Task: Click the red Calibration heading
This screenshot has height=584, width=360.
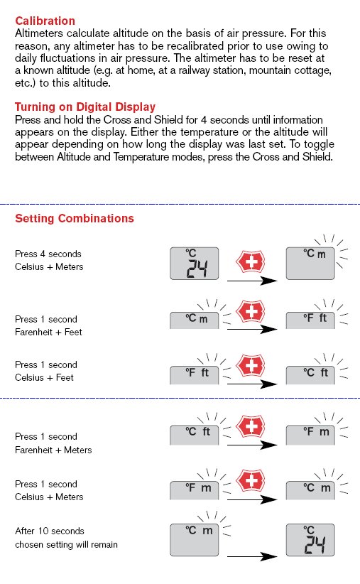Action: [45, 21]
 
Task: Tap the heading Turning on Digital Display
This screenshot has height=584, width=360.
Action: [85, 107]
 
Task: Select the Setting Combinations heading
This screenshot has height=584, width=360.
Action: [75, 218]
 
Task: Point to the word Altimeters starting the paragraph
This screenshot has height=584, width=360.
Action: [39, 33]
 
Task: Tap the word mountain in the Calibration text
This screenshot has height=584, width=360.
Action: [265, 70]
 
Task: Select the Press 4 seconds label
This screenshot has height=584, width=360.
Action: [48, 254]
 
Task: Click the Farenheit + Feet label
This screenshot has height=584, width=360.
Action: [48, 332]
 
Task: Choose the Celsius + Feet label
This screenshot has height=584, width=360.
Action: [44, 378]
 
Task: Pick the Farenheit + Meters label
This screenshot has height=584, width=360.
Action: [53, 450]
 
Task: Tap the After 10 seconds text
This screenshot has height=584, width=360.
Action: [50, 531]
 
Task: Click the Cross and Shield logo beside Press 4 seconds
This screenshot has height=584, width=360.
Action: [251, 262]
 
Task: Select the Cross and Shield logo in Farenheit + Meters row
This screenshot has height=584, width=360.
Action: [251, 426]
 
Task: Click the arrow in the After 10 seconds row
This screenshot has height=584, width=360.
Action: [252, 556]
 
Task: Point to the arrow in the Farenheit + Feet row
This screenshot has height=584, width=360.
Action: [252, 329]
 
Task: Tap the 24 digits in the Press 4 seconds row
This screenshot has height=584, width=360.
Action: [197, 269]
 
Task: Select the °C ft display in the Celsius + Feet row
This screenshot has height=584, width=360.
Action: [310, 375]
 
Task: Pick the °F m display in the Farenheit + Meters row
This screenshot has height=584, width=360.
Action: [310, 435]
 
